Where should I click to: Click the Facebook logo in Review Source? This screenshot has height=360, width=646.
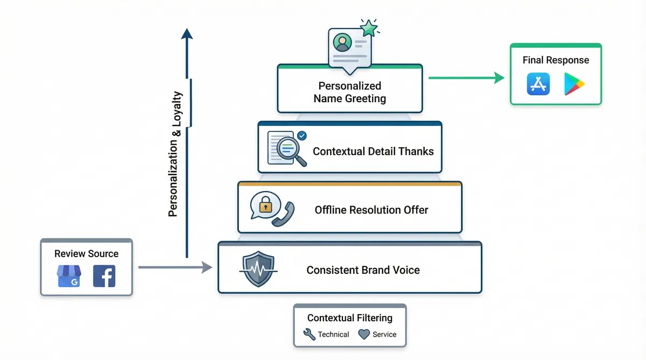coord(104,276)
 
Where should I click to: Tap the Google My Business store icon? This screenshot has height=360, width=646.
coord(68,276)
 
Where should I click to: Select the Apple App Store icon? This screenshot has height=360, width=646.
coord(538,84)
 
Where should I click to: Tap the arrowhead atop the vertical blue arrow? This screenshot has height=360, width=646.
coord(187,34)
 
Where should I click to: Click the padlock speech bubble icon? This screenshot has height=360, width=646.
coord(263,205)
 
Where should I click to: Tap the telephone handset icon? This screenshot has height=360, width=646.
coord(283,214)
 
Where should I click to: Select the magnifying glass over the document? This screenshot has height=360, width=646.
coord(292,149)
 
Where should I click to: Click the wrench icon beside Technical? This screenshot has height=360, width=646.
coord(310,334)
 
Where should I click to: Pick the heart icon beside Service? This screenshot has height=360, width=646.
coord(364,334)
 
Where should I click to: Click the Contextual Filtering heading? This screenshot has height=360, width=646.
coord(349,318)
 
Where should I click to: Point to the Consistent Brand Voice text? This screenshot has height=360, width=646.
coord(363,270)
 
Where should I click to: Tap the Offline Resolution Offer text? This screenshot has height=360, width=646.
coord(371,210)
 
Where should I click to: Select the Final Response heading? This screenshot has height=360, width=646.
coord(556,60)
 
